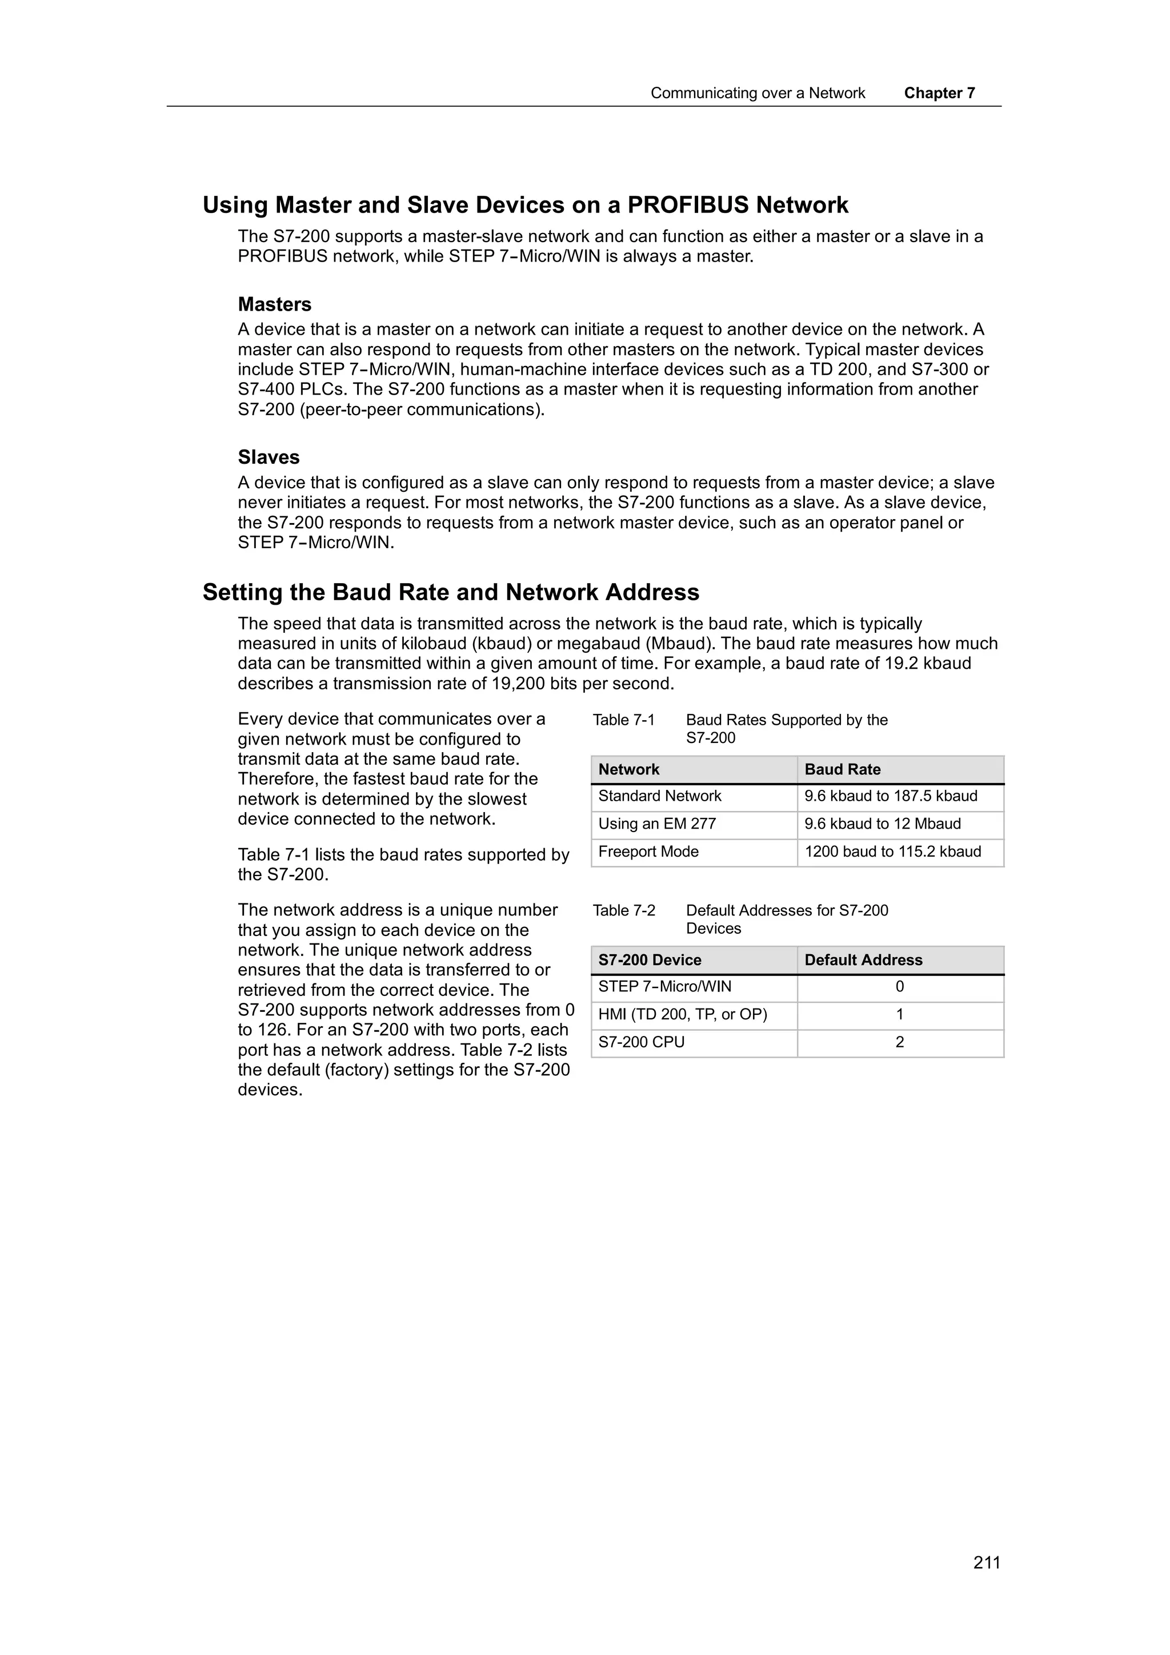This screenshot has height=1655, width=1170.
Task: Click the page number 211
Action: click(x=986, y=1562)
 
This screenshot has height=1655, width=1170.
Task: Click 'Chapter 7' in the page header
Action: click(x=939, y=93)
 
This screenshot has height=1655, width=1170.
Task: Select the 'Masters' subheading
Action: click(x=275, y=304)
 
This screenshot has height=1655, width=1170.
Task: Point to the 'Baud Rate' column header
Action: click(x=842, y=769)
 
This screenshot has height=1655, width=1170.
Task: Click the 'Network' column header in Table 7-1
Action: click(x=628, y=769)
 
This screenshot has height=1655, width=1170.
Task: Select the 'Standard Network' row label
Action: click(x=660, y=796)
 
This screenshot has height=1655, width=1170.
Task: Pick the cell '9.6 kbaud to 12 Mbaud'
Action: click(x=883, y=824)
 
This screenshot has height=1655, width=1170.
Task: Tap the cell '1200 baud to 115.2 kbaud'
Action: click(x=892, y=851)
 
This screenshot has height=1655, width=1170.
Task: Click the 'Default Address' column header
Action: click(x=863, y=960)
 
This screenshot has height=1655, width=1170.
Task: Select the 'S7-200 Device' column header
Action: click(x=650, y=960)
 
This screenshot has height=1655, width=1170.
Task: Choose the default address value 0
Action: click(x=899, y=987)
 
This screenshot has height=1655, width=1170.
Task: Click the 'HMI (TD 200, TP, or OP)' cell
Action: click(x=683, y=1015)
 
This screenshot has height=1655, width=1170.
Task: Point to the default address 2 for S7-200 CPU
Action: click(x=899, y=1042)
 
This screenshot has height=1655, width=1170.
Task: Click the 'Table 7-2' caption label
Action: click(x=624, y=910)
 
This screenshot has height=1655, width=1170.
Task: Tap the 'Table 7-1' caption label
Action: click(x=624, y=720)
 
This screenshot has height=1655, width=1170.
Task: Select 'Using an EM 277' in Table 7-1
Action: click(x=657, y=824)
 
